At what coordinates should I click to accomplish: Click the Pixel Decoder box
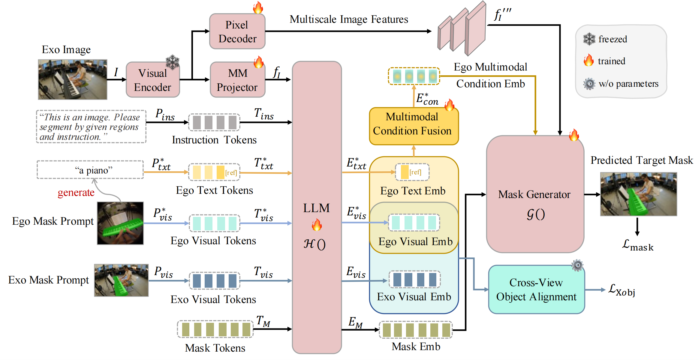(237, 31)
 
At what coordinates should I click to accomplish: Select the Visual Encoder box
(153, 80)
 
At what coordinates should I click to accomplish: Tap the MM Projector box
(237, 80)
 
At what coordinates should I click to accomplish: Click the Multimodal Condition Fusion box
(414, 126)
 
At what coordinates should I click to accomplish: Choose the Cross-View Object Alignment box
(536, 289)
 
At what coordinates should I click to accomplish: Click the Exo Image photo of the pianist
(73, 79)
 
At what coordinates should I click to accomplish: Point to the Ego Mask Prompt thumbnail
(120, 223)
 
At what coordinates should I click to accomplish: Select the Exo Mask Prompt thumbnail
(121, 280)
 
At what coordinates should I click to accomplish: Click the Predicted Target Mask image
(638, 194)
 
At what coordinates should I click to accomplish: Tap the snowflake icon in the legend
(589, 39)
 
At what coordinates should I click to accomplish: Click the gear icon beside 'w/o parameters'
(589, 84)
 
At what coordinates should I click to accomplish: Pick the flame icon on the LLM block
(317, 225)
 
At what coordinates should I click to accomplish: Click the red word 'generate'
(76, 193)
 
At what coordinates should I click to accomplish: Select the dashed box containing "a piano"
(90, 170)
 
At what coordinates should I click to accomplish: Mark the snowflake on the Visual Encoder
(173, 61)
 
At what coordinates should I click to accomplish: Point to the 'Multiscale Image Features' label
(349, 19)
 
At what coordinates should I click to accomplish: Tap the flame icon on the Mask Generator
(574, 135)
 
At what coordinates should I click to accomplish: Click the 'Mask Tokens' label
(215, 348)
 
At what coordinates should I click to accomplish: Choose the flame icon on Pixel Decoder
(258, 7)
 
